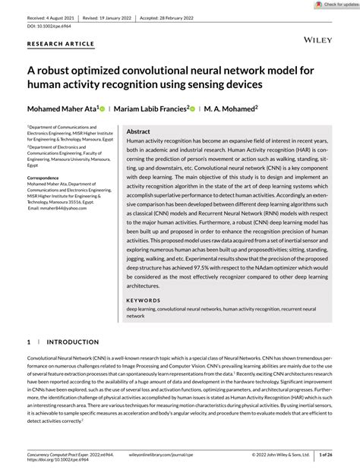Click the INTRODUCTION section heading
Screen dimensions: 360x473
(x=73, y=342)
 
